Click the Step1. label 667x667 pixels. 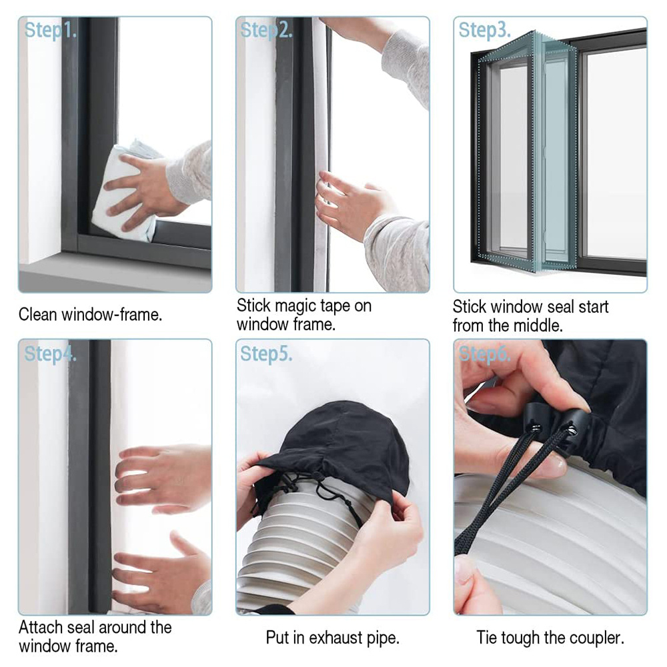click(x=50, y=31)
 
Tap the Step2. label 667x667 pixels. click(x=266, y=31)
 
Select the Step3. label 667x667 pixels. click(x=484, y=31)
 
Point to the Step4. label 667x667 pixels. click(x=50, y=354)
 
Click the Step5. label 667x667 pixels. click(x=266, y=354)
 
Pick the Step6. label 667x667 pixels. click(x=484, y=354)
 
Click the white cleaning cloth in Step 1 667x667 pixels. click(x=120, y=193)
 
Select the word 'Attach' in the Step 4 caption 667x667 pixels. click(x=41, y=628)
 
